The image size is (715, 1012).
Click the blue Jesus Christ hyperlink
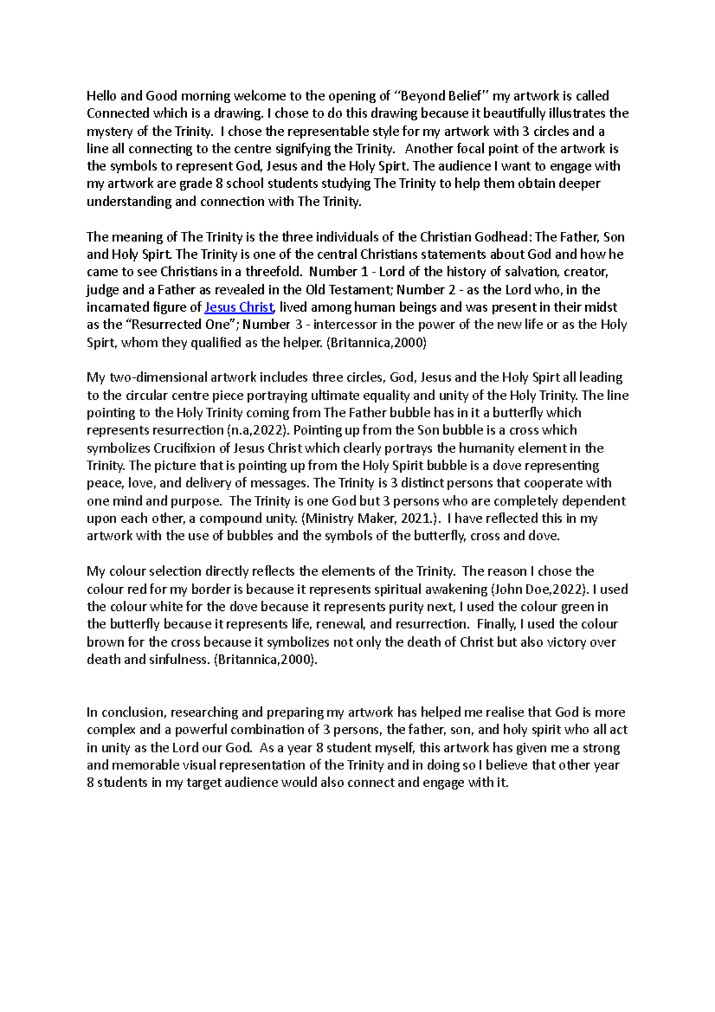pyautogui.click(x=238, y=308)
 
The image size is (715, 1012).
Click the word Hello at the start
pyautogui.click(x=101, y=96)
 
